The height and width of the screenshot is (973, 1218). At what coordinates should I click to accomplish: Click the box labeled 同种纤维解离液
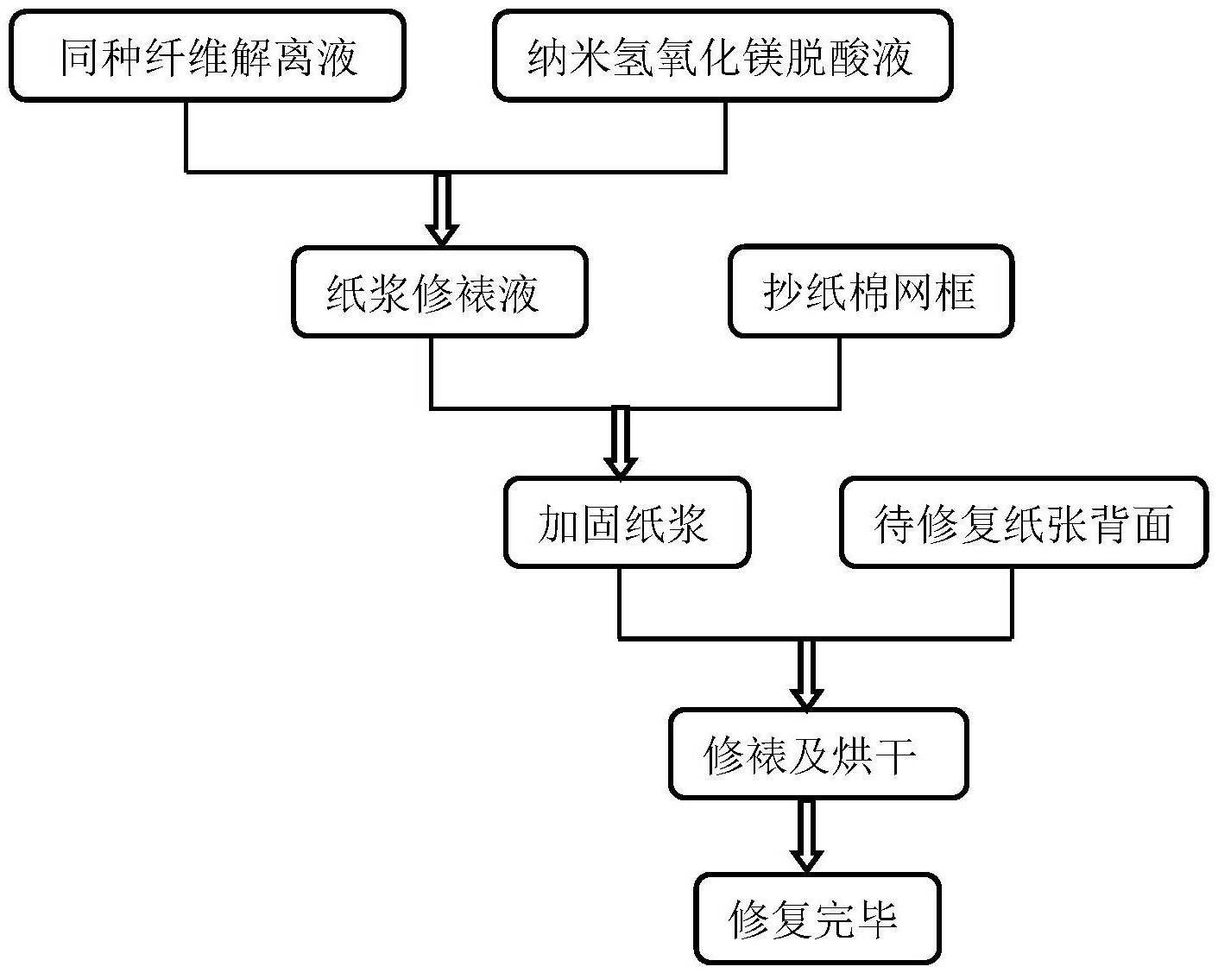coord(207,56)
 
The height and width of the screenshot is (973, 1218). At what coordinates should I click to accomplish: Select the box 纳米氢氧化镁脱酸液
coord(723,56)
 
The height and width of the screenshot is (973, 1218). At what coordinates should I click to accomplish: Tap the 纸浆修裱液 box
coord(439,292)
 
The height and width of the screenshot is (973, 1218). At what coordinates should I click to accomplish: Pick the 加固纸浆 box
coord(627,522)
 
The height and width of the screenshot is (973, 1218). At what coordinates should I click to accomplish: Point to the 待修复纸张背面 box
coord(1023,522)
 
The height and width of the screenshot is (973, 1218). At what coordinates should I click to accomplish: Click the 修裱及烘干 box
coord(818,754)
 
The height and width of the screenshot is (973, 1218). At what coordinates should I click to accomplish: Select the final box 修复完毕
coord(817,918)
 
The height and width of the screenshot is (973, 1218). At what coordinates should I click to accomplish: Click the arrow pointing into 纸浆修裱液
coord(442,210)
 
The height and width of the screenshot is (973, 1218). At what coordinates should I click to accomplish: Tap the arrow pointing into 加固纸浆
coord(621,442)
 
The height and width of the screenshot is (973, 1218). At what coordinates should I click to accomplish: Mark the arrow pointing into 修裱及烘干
coord(806,673)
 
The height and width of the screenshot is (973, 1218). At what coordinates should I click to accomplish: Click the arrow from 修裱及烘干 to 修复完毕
coord(806,837)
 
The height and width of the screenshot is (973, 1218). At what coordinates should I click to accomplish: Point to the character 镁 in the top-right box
coord(765,57)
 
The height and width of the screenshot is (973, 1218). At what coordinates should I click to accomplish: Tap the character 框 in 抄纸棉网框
coord(956,292)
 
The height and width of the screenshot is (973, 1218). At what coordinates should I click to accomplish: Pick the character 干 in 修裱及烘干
coord(895,755)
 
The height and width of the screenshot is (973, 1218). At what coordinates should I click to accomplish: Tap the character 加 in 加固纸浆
coord(559,523)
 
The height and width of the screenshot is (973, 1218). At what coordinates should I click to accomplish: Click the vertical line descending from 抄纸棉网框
coord(839,372)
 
